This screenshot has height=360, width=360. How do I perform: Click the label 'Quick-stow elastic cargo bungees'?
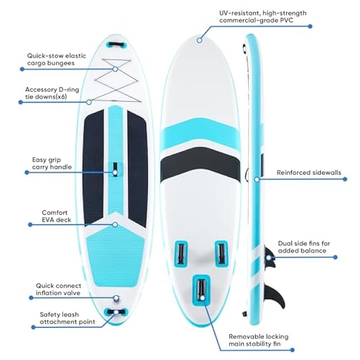pyautogui.click(x=56, y=59)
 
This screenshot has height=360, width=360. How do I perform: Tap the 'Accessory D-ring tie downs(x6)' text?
pyautogui.click(x=52, y=93)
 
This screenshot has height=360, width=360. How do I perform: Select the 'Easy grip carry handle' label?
pyautogui.click(x=52, y=163)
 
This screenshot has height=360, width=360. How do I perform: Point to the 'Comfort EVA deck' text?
pyautogui.click(x=56, y=216)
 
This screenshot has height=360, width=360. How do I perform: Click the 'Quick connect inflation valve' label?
pyautogui.click(x=59, y=289)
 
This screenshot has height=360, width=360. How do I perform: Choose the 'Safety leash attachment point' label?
pyautogui.click(x=67, y=318)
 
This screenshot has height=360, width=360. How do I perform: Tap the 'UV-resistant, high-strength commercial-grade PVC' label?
pyautogui.click(x=263, y=17)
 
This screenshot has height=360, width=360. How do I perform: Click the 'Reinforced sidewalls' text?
pyautogui.click(x=309, y=172)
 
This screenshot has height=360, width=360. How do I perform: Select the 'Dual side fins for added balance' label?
pyautogui.click(x=304, y=247)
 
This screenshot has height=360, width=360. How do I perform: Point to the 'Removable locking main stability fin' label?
pyautogui.click(x=259, y=340)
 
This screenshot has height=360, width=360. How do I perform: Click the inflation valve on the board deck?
pyautogui.click(x=116, y=299)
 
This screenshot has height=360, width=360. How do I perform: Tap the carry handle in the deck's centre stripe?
pyautogui.click(x=115, y=169)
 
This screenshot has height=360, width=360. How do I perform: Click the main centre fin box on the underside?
pyautogui.click(x=202, y=290)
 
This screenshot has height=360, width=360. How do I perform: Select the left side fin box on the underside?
pyautogui.click(x=181, y=254)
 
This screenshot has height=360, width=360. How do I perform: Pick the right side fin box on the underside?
pyautogui.click(x=222, y=254)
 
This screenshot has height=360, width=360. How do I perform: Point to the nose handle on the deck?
pyautogui.click(x=117, y=44)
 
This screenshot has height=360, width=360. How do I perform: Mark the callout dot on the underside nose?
pyautogui.click(x=199, y=40)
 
